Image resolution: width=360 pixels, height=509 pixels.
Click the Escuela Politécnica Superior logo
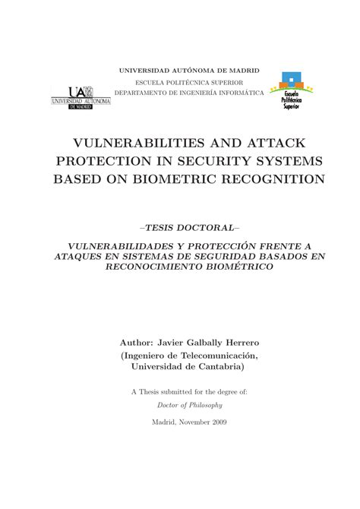tap(292, 92)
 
